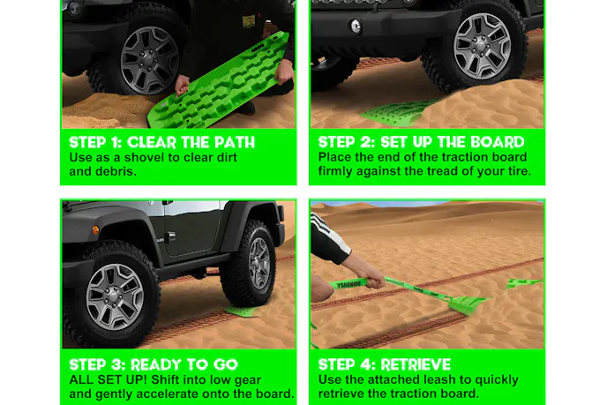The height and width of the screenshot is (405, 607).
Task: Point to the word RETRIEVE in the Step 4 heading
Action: coord(416,364)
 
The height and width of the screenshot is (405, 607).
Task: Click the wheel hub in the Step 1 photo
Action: coord(150,61)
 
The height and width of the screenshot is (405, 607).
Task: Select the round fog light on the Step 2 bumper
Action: coord(356,26)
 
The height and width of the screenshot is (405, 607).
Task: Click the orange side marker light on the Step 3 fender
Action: coord(95,230)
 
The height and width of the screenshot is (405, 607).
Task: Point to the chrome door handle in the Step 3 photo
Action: coord(170,235)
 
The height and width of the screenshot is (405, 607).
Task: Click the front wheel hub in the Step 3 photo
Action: coord(115,297)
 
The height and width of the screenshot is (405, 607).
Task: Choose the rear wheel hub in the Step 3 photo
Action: coord(259,263)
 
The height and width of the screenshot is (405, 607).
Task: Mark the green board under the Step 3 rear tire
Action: coord(241,311)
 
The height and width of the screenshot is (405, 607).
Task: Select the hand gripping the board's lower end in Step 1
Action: coord(182,86)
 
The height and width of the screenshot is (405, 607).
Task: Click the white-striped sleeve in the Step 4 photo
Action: coord(328,241)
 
